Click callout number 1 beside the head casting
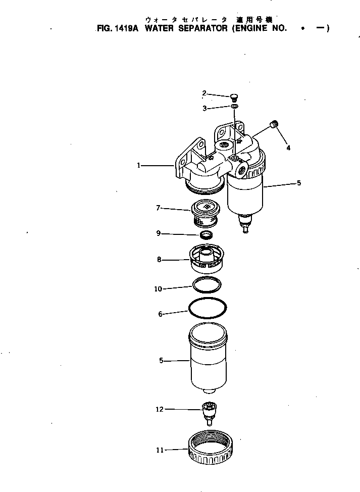pyautogui.click(x=138, y=165)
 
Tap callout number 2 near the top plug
pyautogui.click(x=204, y=92)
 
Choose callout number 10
pyautogui.click(x=158, y=289)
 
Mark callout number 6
pyautogui.click(x=161, y=314)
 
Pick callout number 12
pyautogui.click(x=160, y=409)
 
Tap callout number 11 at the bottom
pyautogui.click(x=160, y=450)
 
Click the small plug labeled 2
pyautogui.click(x=234, y=97)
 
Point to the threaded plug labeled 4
pyautogui.click(x=275, y=124)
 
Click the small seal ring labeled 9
pyautogui.click(x=206, y=235)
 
